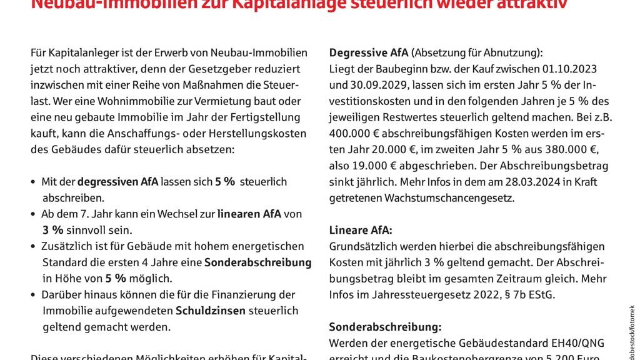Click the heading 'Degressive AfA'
[x=368, y=52]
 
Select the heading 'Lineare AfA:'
[x=361, y=230]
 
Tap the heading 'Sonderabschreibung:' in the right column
[x=385, y=327]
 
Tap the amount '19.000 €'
[x=379, y=166]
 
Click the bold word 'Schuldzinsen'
[x=211, y=311]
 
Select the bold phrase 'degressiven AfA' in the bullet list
[x=118, y=182]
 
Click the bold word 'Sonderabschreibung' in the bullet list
[x=257, y=262]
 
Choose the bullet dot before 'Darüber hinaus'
[x=33, y=295]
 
